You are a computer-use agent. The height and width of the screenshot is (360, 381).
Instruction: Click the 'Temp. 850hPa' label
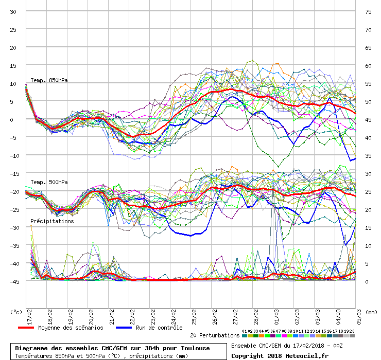49,80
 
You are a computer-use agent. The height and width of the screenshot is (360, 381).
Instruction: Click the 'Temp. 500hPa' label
49,182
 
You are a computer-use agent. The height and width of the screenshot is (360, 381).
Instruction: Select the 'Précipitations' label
52,221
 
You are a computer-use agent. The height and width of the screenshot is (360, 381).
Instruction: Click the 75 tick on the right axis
368,11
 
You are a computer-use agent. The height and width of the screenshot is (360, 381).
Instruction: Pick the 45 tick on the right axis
368,119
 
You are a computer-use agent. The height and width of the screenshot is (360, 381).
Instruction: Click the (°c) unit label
16,312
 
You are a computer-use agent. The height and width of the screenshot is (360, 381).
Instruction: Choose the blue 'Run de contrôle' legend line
129,328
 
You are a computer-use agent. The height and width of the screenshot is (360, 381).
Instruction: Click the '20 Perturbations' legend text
214,335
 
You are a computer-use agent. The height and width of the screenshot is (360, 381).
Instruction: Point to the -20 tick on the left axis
13,191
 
